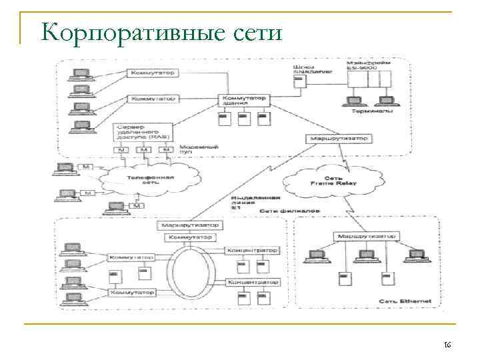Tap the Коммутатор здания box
click(x=243, y=101)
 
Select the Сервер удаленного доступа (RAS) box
click(x=143, y=131)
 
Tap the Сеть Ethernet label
click(x=405, y=301)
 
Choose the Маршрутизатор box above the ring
click(x=190, y=226)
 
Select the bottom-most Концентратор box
click(x=253, y=283)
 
